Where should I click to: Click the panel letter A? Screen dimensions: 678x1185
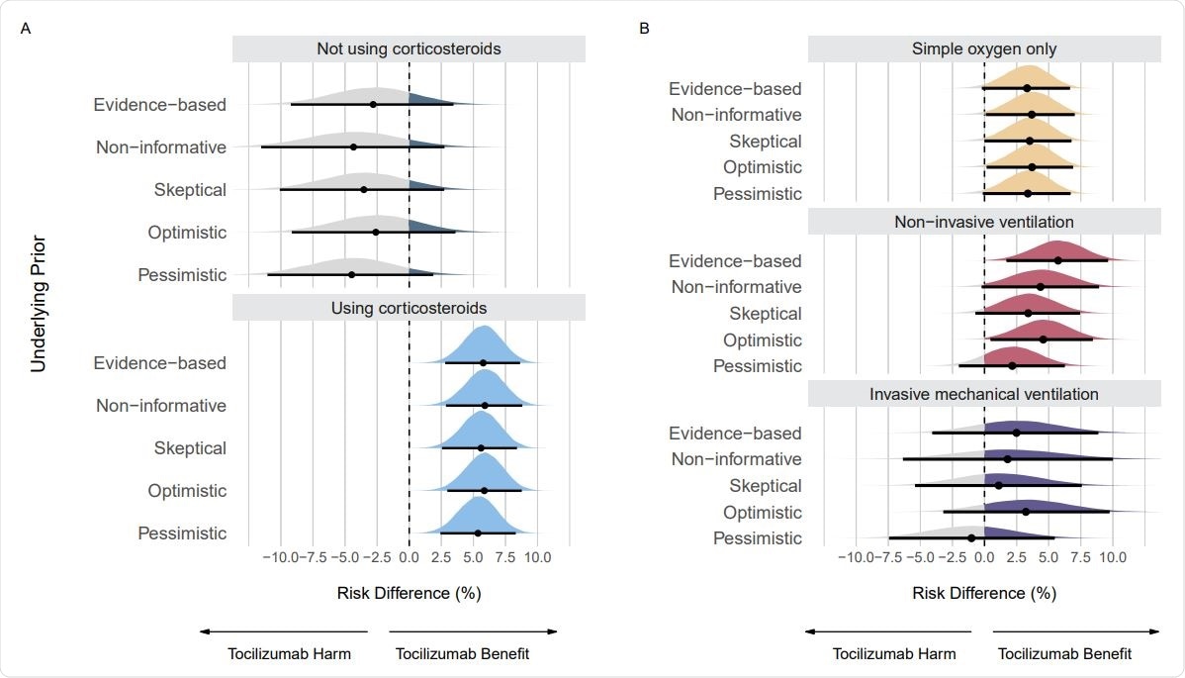pyautogui.click(x=26, y=29)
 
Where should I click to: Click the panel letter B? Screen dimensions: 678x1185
pyautogui.click(x=645, y=29)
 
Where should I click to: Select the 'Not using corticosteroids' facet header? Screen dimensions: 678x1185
pyautogui.click(x=409, y=48)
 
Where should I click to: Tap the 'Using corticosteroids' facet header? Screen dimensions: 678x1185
pyautogui.click(x=409, y=308)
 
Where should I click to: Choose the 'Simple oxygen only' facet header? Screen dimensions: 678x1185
pyautogui.click(x=984, y=48)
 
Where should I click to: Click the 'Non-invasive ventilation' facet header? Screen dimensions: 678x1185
pyautogui.click(x=984, y=222)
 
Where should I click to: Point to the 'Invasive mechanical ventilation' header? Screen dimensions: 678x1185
pyautogui.click(x=984, y=394)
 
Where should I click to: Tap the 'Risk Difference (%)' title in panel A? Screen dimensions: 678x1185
pyautogui.click(x=409, y=593)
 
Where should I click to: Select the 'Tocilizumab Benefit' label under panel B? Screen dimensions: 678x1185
pyautogui.click(x=1064, y=654)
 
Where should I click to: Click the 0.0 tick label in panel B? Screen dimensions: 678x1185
pyautogui.click(x=984, y=558)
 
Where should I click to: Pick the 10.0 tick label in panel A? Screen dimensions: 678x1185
pyautogui.click(x=537, y=558)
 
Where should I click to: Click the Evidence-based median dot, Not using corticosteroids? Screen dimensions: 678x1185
pyautogui.click(x=373, y=104)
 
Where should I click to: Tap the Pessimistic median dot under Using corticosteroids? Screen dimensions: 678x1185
pyautogui.click(x=478, y=533)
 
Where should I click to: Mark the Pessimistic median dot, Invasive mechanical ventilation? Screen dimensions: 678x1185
pyautogui.click(x=971, y=537)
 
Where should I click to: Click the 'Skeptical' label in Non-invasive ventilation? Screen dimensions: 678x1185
pyautogui.click(x=766, y=314)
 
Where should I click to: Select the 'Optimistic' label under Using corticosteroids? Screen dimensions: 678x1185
pyautogui.click(x=187, y=491)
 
